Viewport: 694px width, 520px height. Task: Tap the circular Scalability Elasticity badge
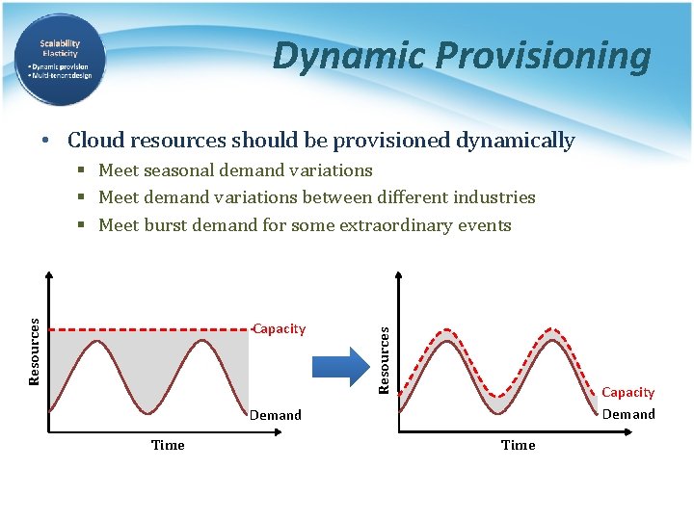coord(60,60)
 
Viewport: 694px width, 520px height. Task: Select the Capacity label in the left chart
coord(280,329)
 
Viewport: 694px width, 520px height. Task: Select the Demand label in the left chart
coord(276,415)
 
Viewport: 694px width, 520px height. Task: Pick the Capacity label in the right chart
coord(627,392)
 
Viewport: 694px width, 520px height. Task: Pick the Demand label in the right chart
coord(628,414)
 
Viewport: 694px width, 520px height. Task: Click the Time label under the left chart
coord(168,445)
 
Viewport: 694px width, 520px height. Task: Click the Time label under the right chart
coord(518,445)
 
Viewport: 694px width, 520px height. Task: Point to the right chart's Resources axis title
coord(384,358)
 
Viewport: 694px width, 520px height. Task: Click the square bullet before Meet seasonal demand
coord(84,170)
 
